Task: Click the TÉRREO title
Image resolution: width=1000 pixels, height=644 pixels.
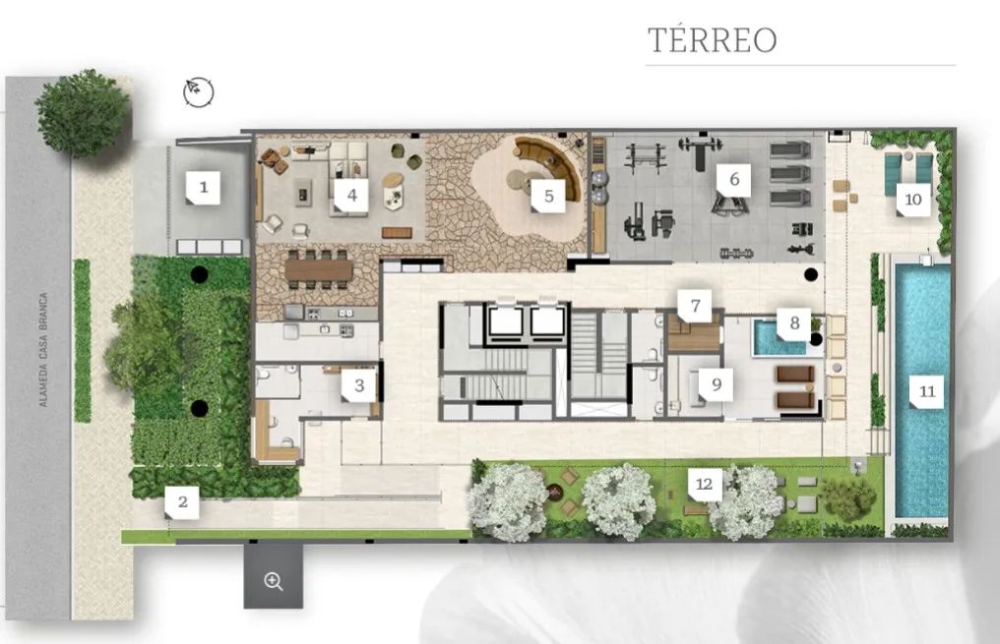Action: pos(713,39)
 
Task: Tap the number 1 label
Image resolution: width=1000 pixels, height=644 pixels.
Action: pos(204,187)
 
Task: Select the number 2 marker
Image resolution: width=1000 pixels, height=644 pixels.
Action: pos(182,502)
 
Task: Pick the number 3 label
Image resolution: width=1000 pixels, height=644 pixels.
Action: pos(358,385)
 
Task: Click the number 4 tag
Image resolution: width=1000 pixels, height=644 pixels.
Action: pos(351,195)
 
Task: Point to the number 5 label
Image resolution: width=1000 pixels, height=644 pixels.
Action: pos(548,196)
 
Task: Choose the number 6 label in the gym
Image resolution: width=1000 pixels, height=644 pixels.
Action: pos(733,179)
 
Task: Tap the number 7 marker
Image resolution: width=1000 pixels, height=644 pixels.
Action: pos(695,306)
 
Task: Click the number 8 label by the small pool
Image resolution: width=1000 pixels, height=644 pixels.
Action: pos(794,322)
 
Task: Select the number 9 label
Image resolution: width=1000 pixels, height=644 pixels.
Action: pos(716,384)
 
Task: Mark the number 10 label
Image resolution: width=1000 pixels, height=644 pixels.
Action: pos(912,200)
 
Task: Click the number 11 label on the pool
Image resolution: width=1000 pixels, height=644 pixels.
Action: pos(926,391)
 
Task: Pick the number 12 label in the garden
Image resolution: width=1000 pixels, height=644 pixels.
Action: pos(704,484)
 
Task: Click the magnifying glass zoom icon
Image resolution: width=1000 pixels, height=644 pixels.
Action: pos(274,581)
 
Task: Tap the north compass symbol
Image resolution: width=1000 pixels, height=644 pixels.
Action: pos(199,92)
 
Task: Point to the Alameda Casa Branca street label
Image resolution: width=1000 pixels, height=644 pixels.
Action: pos(43,350)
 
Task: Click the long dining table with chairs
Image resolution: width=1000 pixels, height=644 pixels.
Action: pos(319,269)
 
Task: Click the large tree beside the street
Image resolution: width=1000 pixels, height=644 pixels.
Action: pos(83,113)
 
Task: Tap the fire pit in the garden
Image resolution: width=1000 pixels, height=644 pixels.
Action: pos(553,492)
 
